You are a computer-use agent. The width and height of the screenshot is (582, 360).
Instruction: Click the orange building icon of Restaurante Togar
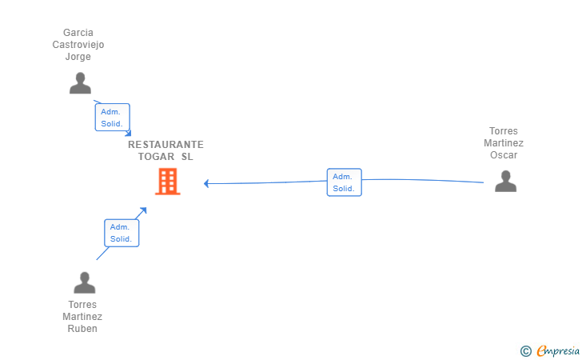pos(167,182)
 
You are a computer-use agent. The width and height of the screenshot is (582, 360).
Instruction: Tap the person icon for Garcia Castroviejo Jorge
pos(80,83)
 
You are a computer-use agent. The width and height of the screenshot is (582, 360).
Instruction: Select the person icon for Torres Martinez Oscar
pos(505,182)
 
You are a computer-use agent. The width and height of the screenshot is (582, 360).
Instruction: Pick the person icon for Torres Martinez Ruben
pos(84,282)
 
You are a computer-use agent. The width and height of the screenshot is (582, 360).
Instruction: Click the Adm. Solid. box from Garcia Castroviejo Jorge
pos(112,118)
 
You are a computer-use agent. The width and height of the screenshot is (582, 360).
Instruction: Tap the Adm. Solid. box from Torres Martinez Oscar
pos(344,182)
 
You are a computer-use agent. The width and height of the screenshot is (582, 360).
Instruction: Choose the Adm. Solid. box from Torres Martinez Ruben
pos(122,233)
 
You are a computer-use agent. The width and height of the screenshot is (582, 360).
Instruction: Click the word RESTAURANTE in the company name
pos(165,145)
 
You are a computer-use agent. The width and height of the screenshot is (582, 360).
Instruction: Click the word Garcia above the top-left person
pos(78,33)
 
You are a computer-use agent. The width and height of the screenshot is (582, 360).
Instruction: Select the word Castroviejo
pos(78,45)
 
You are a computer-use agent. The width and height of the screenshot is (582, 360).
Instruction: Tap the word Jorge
pos(78,57)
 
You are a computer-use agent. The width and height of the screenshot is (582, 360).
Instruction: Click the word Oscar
pos(504,155)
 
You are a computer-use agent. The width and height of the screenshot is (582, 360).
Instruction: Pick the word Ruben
pos(82,329)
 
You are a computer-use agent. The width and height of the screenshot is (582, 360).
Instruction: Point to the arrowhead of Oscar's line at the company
pos(206,183)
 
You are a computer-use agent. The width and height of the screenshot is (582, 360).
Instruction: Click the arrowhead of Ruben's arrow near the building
pos(144,210)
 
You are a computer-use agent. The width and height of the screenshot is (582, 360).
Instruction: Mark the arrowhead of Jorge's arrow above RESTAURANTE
pos(128,134)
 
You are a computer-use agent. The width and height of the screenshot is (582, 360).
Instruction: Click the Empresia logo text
pos(557,350)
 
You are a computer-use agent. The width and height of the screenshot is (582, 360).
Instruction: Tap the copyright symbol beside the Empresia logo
pos(525,350)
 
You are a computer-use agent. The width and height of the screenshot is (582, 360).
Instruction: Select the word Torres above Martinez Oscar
pos(504,131)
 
